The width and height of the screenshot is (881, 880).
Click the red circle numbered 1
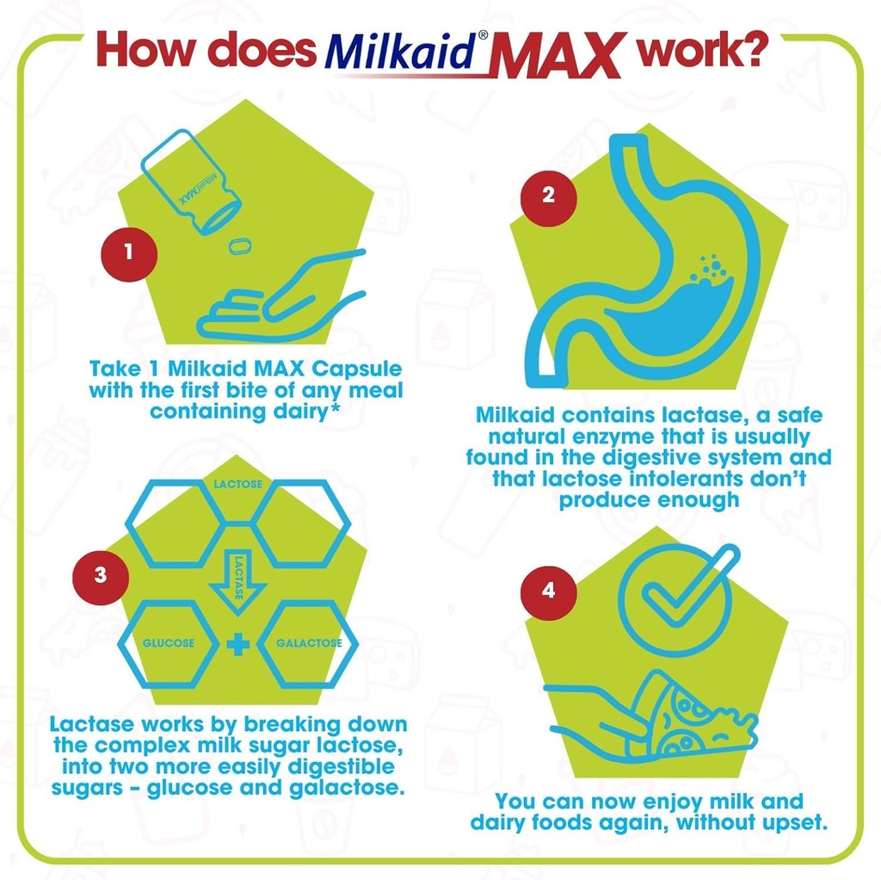[128, 252]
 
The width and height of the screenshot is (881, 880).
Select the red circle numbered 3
[101, 574]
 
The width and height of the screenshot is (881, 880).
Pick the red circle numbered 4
[548, 592]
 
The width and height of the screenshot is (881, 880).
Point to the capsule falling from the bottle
[240, 246]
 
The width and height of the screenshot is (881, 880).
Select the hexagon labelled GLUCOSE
[169, 642]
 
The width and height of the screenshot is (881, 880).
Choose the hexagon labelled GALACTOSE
[309, 642]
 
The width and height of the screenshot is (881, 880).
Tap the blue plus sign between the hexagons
[238, 643]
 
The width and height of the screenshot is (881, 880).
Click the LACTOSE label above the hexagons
[238, 485]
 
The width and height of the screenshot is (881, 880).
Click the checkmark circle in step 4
[675, 598]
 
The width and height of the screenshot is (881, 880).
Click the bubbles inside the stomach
[712, 267]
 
